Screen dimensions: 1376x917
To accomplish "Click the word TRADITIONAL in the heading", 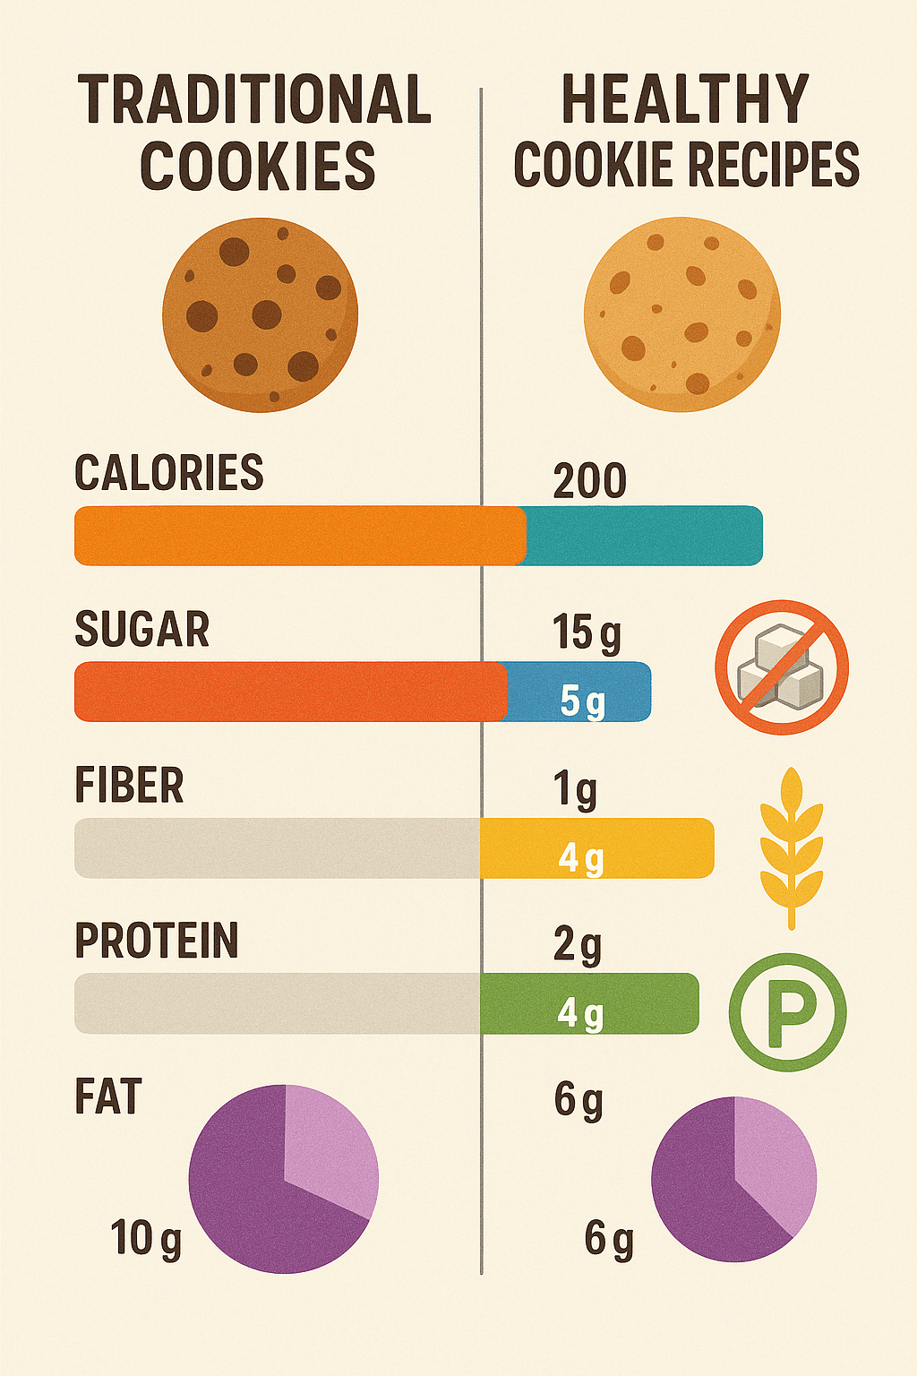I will coord(255,99).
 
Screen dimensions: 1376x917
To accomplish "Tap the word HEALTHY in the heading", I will coord(685,99).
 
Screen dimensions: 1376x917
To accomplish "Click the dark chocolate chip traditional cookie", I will coord(260,314).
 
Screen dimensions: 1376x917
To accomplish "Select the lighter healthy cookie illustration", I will coord(681,314).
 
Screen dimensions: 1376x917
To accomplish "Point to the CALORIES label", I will coord(169,473).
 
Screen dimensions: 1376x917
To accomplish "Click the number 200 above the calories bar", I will coord(589,481).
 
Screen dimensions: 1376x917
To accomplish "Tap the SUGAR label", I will coord(142,629).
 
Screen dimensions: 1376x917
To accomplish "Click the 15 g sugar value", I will coord(587,633).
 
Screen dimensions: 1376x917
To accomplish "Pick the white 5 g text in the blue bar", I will coord(582,701).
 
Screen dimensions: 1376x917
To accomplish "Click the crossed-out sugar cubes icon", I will coord(782,667).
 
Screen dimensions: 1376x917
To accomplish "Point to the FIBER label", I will coord(130,786).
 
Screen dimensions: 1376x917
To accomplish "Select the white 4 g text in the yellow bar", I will coord(581,858).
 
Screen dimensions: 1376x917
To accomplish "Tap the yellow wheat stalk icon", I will coord(791,847).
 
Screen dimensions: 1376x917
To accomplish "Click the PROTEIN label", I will coord(157,941).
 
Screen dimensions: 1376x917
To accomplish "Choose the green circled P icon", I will coord(787,1012).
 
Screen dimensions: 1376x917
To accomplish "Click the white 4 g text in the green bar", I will coord(580,1013).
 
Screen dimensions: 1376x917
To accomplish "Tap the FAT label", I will coord(108,1097).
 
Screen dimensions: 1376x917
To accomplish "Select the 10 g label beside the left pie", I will coord(146,1239).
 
